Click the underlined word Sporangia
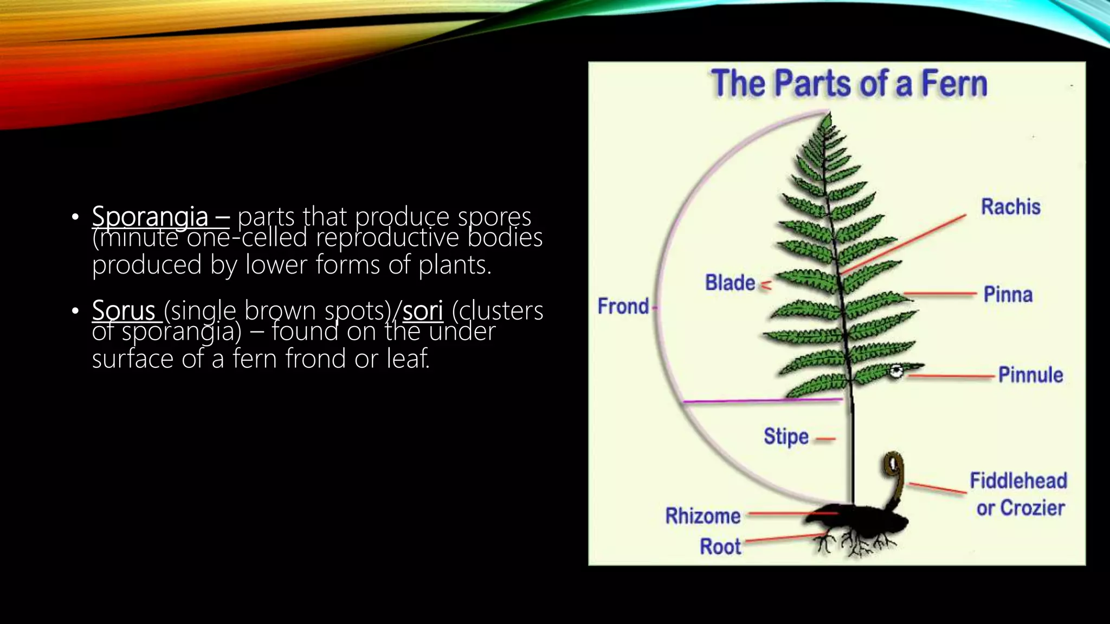coord(150,217)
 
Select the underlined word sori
coord(423,310)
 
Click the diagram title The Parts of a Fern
coord(848,84)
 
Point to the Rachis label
coord(1010,207)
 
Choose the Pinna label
coord(1008,295)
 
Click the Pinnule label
coord(1030,375)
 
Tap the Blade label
coord(730,283)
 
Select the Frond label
coord(623,306)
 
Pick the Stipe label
coord(785,437)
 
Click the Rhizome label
coord(702,516)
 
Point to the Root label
coord(720,547)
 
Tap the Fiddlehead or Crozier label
coord(1018,494)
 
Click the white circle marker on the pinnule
coord(896,372)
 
